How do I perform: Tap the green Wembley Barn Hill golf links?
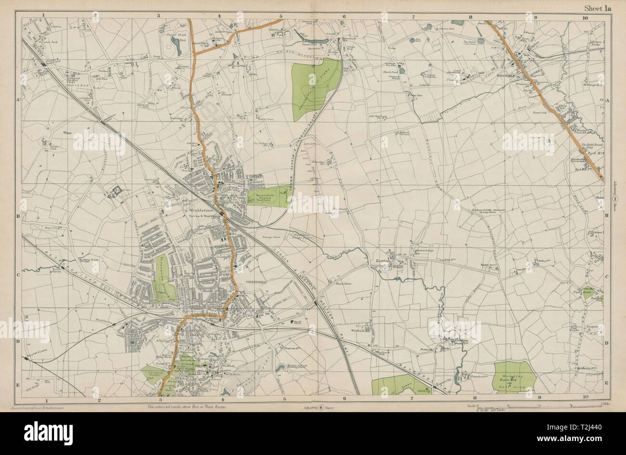coord(514,377)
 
